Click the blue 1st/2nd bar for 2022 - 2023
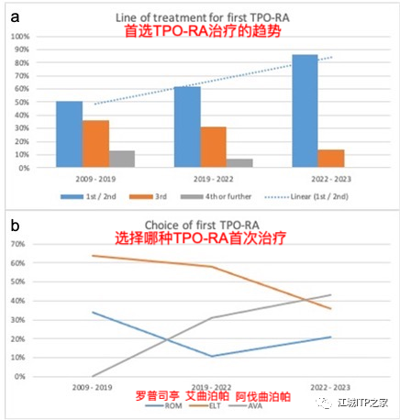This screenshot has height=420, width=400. [305, 111]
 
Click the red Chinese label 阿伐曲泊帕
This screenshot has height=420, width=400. [261, 395]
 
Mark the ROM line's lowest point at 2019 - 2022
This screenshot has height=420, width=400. [187, 356]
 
